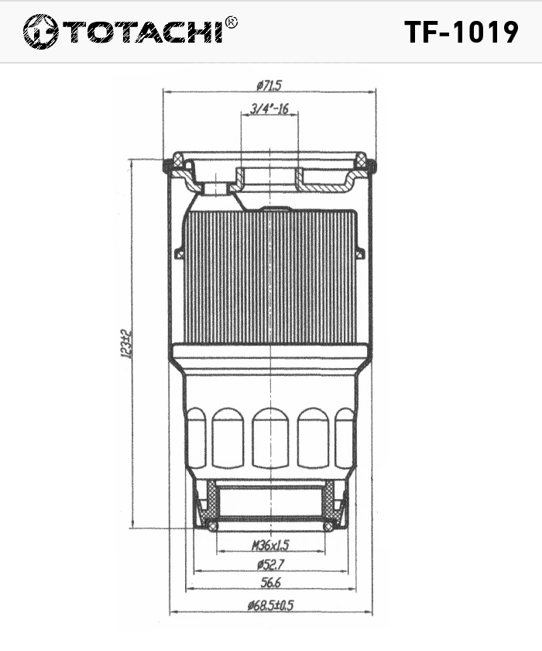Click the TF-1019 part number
point(461,33)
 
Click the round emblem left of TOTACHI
point(40,32)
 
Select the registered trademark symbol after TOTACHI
point(231,22)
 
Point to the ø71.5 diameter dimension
point(269,85)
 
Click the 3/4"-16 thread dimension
point(269,108)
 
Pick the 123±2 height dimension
point(126,344)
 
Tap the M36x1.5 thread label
point(270,545)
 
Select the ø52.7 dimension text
point(270,564)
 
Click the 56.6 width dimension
point(270,583)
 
